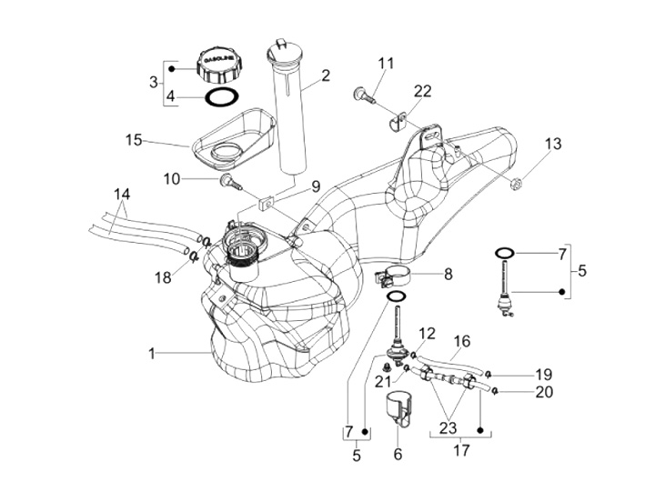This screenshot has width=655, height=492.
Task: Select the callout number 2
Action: pos(325,75)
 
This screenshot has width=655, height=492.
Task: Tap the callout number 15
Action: pos(135,140)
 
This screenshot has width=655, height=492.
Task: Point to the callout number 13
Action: pos(553,144)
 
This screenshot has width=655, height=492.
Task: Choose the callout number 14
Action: pos(122,194)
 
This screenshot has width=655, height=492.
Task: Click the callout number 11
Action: pos(387,63)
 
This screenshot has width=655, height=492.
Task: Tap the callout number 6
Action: pos(398,455)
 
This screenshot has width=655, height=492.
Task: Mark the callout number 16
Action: pos(461,341)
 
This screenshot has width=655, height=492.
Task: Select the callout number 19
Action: pos(544,374)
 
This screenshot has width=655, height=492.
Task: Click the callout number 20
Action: pos(544,392)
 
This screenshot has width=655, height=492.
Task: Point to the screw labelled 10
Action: pos(228,182)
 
